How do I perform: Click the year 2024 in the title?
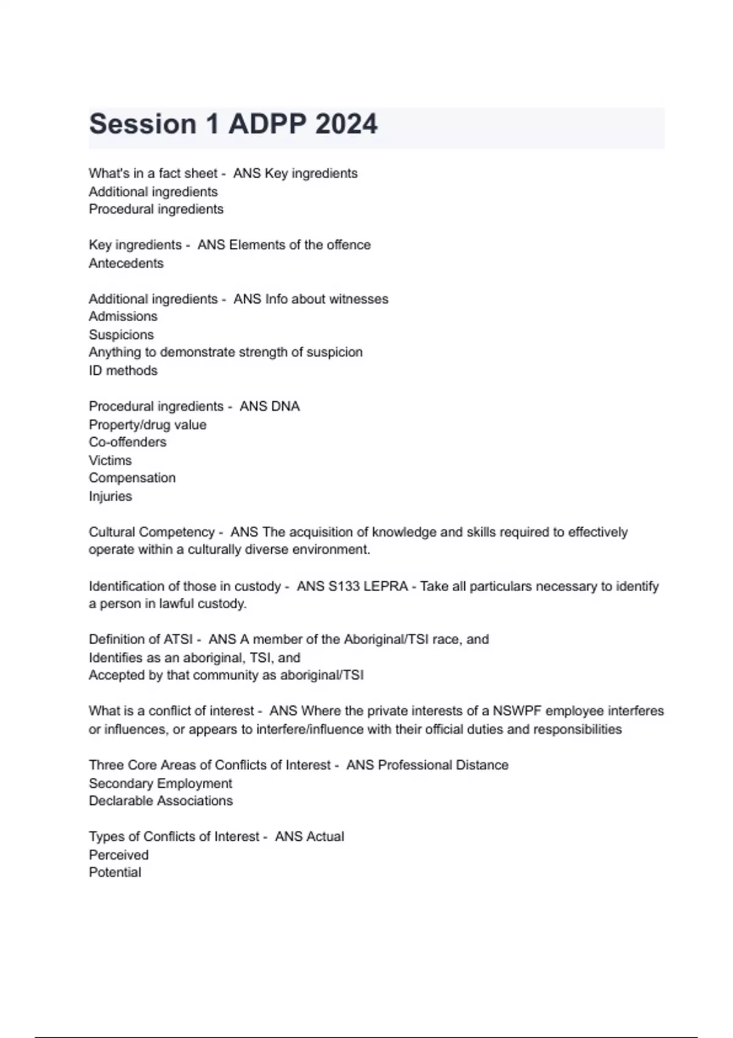pyautogui.click(x=346, y=124)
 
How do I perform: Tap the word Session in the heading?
pyautogui.click(x=142, y=124)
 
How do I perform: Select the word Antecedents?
pyautogui.click(x=126, y=263)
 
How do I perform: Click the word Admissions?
pyautogui.click(x=123, y=316)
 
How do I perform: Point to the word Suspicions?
pyautogui.click(x=121, y=335)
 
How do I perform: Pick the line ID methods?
pyautogui.click(x=123, y=371)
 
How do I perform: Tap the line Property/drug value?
pyautogui.click(x=147, y=425)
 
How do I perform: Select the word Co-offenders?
pyautogui.click(x=127, y=442)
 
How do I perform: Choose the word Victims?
pyautogui.click(x=110, y=460)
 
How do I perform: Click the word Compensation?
pyautogui.click(x=132, y=478)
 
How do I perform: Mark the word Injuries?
pyautogui.click(x=110, y=496)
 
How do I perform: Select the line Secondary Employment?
pyautogui.click(x=160, y=783)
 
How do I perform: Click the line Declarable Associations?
pyautogui.click(x=161, y=801)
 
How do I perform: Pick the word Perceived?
pyautogui.click(x=119, y=855)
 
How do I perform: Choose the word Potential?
pyautogui.click(x=115, y=873)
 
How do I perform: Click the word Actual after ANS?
pyautogui.click(x=327, y=837)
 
